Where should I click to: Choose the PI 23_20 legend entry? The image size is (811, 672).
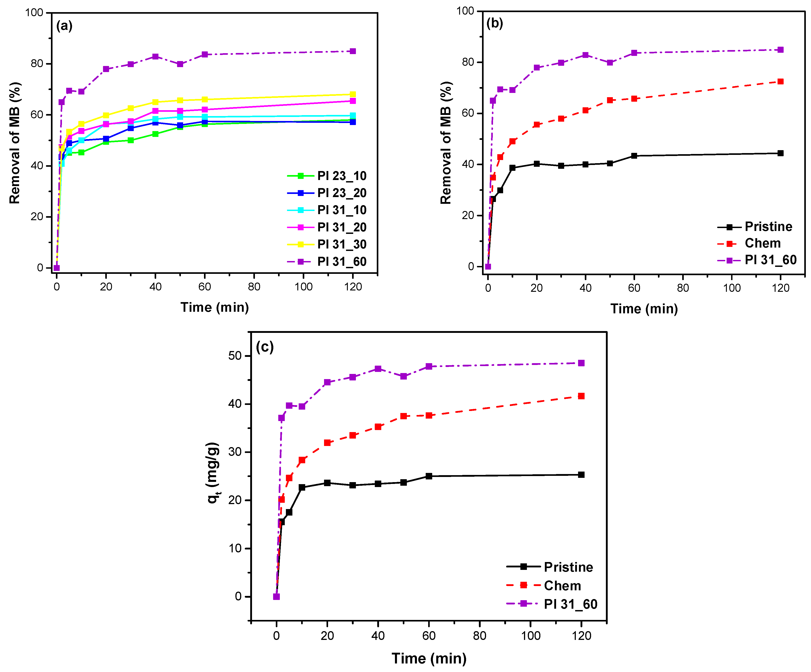pyautogui.click(x=341, y=193)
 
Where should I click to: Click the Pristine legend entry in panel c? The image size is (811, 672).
pyautogui.click(x=568, y=567)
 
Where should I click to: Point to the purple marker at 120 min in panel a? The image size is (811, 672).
pyautogui.click(x=353, y=51)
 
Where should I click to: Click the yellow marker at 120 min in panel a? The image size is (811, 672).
pyautogui.click(x=353, y=94)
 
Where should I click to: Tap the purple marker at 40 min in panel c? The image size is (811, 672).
pyautogui.click(x=378, y=369)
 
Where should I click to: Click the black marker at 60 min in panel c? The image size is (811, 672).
pyautogui.click(x=429, y=476)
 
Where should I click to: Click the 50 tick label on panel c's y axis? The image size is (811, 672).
pyautogui.click(x=235, y=356)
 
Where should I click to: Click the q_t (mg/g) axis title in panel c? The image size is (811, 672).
pyautogui.click(x=214, y=472)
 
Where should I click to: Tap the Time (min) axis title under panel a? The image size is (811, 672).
pyautogui.click(x=215, y=307)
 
